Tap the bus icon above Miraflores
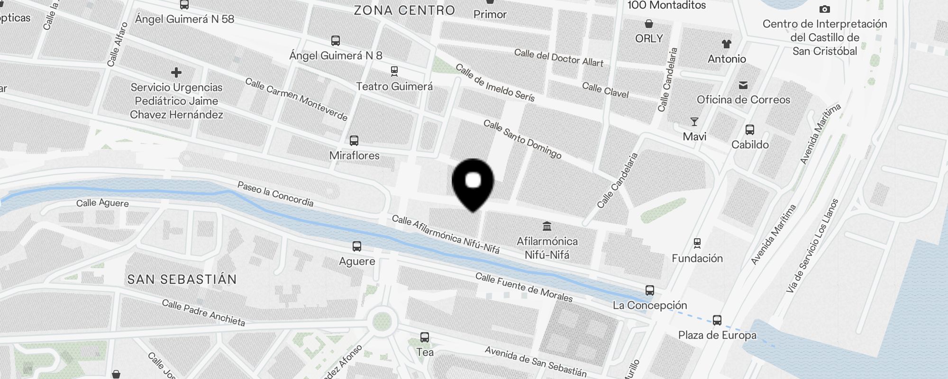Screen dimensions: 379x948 [354, 141]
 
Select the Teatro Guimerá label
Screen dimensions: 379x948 [394, 87]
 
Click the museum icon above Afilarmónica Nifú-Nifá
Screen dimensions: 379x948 [547, 226]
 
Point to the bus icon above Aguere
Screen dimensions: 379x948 [357, 246]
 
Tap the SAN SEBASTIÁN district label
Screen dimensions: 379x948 [182, 280]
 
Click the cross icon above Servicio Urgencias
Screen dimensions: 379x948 [176, 72]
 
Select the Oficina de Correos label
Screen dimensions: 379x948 [743, 100]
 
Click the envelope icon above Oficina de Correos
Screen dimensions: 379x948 [743, 85]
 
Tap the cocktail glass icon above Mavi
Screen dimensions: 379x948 [694, 122]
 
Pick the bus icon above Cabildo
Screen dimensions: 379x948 [750, 130]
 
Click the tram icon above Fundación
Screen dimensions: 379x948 [697, 244]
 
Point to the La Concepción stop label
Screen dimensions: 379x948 [649, 305]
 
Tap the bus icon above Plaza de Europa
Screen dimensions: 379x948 [717, 320]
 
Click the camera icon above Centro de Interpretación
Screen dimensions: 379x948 [825, 9]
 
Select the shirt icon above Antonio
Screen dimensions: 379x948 [727, 45]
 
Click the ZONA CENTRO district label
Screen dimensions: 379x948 [404, 10]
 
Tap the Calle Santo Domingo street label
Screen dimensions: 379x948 [522, 139]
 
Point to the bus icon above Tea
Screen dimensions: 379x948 [425, 337]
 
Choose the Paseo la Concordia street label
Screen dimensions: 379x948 [275, 194]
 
